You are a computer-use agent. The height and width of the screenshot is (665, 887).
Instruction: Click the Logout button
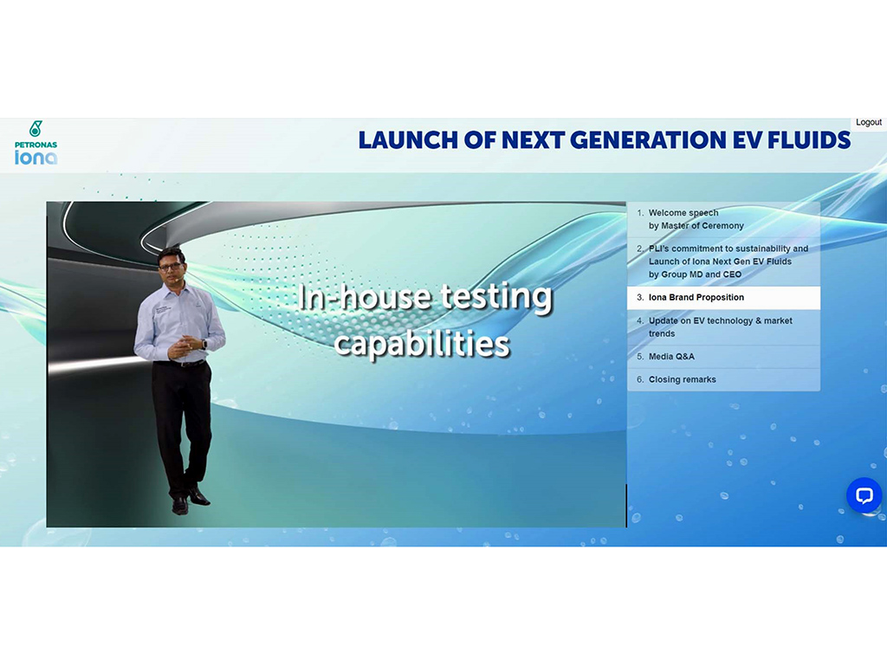click(x=868, y=122)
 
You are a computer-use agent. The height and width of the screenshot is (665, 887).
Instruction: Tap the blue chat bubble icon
click(x=864, y=495)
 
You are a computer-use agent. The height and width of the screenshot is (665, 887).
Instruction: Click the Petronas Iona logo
click(x=36, y=143)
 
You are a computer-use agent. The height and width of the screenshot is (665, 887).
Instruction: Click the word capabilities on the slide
click(x=422, y=343)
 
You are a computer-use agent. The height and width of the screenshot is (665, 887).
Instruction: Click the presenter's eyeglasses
click(x=171, y=266)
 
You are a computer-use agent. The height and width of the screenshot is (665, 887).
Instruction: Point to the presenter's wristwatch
click(x=204, y=344)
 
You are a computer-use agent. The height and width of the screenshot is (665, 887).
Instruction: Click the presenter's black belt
click(x=181, y=363)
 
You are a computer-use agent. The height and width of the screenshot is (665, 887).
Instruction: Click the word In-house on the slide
click(x=365, y=297)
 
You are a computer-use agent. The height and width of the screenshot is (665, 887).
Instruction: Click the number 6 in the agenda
click(x=640, y=379)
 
